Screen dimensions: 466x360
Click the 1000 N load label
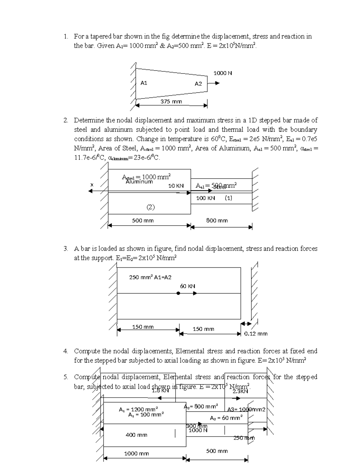coord(223,73)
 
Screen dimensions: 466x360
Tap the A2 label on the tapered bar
coord(198,84)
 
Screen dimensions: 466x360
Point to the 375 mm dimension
coord(171,101)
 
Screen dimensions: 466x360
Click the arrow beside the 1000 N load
coord(215,83)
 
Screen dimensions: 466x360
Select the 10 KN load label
coord(176,186)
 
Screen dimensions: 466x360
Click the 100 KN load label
coord(205,198)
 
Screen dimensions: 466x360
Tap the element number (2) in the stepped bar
coord(151,207)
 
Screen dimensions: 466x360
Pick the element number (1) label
coord(228,198)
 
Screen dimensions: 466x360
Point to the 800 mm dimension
coord(217,221)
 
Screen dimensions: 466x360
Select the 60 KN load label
coord(187,286)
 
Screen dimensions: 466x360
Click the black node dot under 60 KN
coord(178,294)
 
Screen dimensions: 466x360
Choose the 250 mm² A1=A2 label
coord(150,277)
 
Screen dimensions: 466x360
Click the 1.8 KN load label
coord(160,390)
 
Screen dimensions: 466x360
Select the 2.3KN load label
coord(240,391)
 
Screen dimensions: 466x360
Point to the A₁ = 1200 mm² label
coord(138,409)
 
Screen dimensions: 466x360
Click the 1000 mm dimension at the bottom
coord(136,453)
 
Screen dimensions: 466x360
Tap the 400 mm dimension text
coord(136,435)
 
